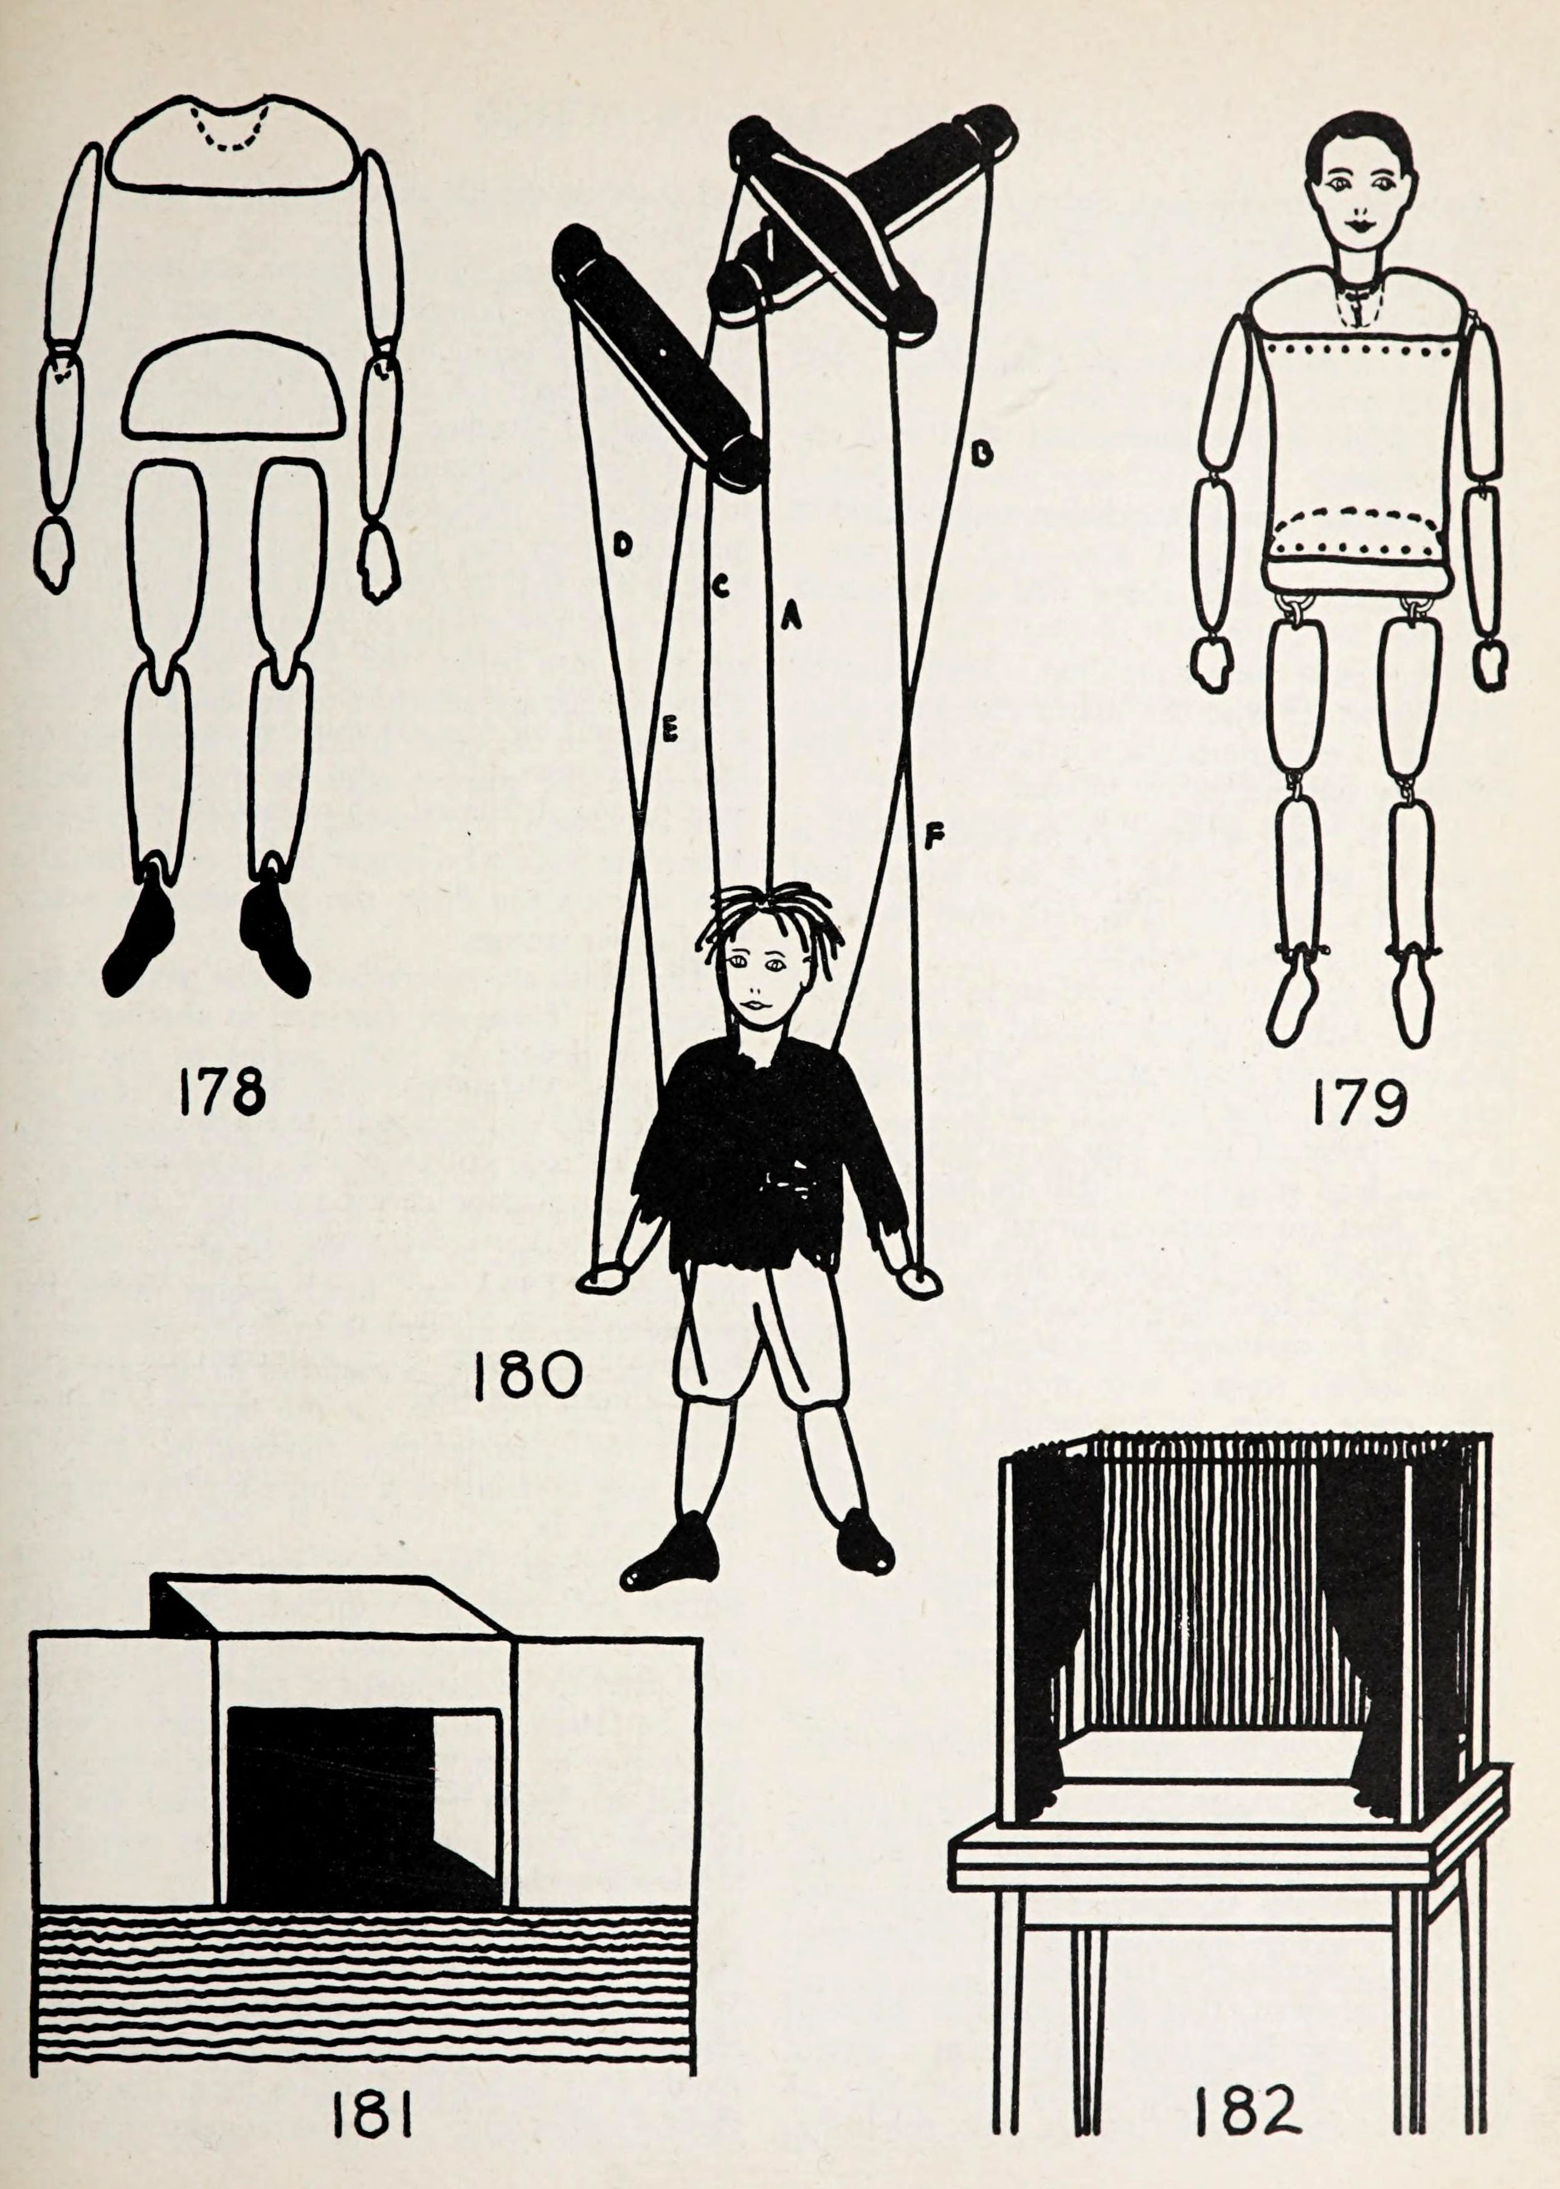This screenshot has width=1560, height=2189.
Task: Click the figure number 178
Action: tap(223, 1094)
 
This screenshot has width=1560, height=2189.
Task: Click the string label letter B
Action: tap(980, 454)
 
